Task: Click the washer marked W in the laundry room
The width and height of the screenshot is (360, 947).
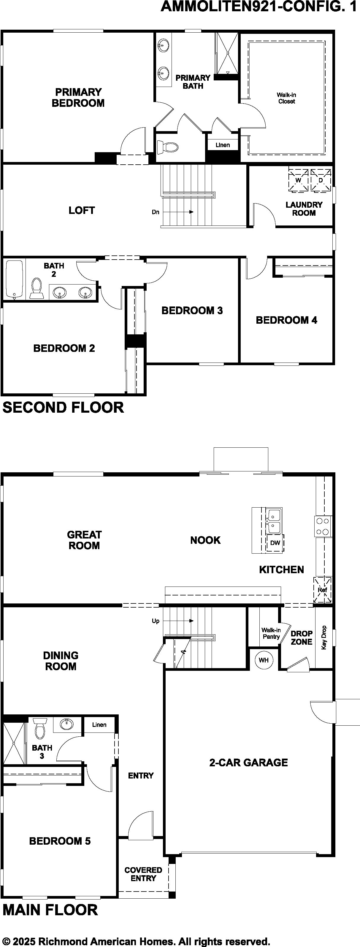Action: (298, 180)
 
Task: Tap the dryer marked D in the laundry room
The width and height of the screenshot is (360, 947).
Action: (321, 180)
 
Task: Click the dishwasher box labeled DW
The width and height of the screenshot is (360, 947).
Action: (275, 542)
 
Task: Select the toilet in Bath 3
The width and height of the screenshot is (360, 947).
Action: (39, 728)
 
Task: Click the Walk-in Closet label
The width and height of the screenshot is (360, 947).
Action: (286, 98)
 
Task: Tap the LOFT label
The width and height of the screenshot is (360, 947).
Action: (82, 210)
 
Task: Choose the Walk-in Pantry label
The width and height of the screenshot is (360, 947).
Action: (271, 633)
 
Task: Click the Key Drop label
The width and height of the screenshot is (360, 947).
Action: (324, 638)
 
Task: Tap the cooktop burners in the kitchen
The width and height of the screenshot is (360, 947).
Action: (323, 526)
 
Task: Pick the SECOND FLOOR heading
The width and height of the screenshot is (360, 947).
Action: (63, 408)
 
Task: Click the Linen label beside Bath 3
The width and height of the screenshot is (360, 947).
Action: (99, 724)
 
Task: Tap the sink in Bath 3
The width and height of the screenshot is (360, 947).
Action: (66, 724)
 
